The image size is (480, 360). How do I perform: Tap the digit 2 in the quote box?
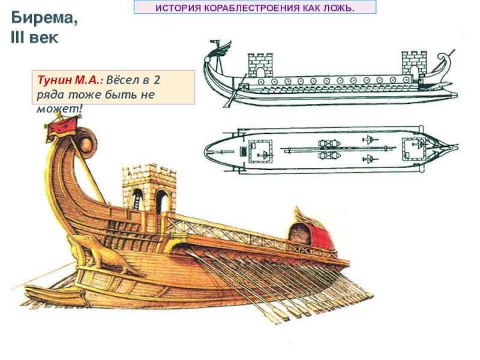(x=157, y=80)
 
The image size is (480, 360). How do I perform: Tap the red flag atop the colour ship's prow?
(x=64, y=126)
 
